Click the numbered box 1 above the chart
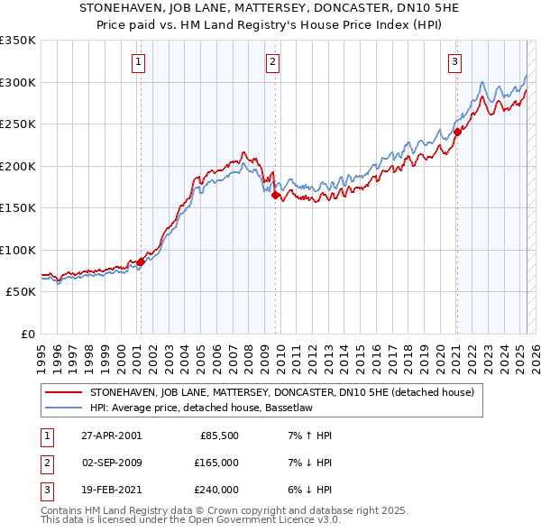click(139, 62)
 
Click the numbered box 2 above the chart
click(272, 62)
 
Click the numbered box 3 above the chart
click(455, 62)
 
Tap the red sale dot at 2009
click(275, 195)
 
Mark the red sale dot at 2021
click(457, 132)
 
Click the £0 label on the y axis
click(27, 334)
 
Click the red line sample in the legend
click(63, 391)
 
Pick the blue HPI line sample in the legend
click(63, 407)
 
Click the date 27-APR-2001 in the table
click(111, 436)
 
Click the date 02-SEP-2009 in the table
click(112, 463)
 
